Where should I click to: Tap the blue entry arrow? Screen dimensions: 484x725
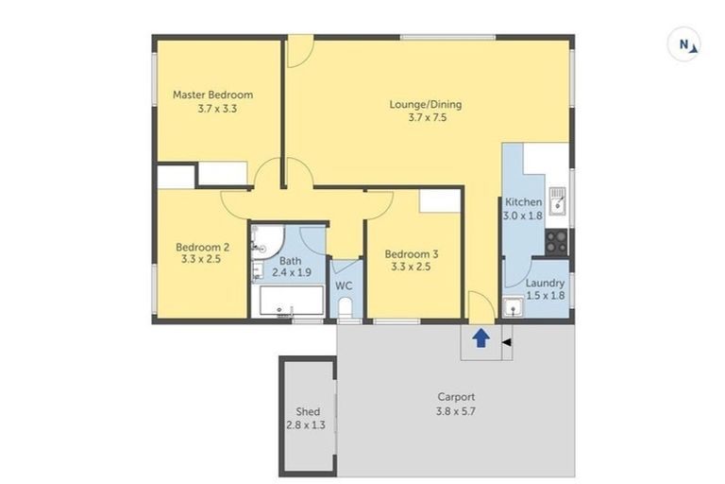click(x=480, y=337)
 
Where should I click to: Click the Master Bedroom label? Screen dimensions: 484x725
click(x=212, y=95)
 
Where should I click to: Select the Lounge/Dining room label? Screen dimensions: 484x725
click(x=426, y=104)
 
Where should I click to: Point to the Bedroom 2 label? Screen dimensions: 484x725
click(x=198, y=246)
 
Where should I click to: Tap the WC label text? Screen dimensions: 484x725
click(x=345, y=286)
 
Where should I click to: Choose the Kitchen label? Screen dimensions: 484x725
click(x=523, y=202)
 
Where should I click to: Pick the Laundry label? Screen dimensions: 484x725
click(x=545, y=283)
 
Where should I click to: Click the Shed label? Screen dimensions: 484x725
click(x=307, y=412)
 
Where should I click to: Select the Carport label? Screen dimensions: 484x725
click(x=456, y=397)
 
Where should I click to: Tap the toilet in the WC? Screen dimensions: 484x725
click(x=346, y=307)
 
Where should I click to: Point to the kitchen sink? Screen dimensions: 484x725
click(x=558, y=199)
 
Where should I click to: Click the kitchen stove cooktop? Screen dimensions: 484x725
click(x=556, y=241)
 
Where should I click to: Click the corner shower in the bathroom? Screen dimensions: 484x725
click(x=263, y=240)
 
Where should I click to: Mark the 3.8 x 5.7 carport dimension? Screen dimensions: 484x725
click(x=456, y=411)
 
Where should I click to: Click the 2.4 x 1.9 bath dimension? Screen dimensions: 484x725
click(x=291, y=272)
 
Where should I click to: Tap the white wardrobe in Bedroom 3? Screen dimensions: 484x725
click(x=438, y=200)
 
